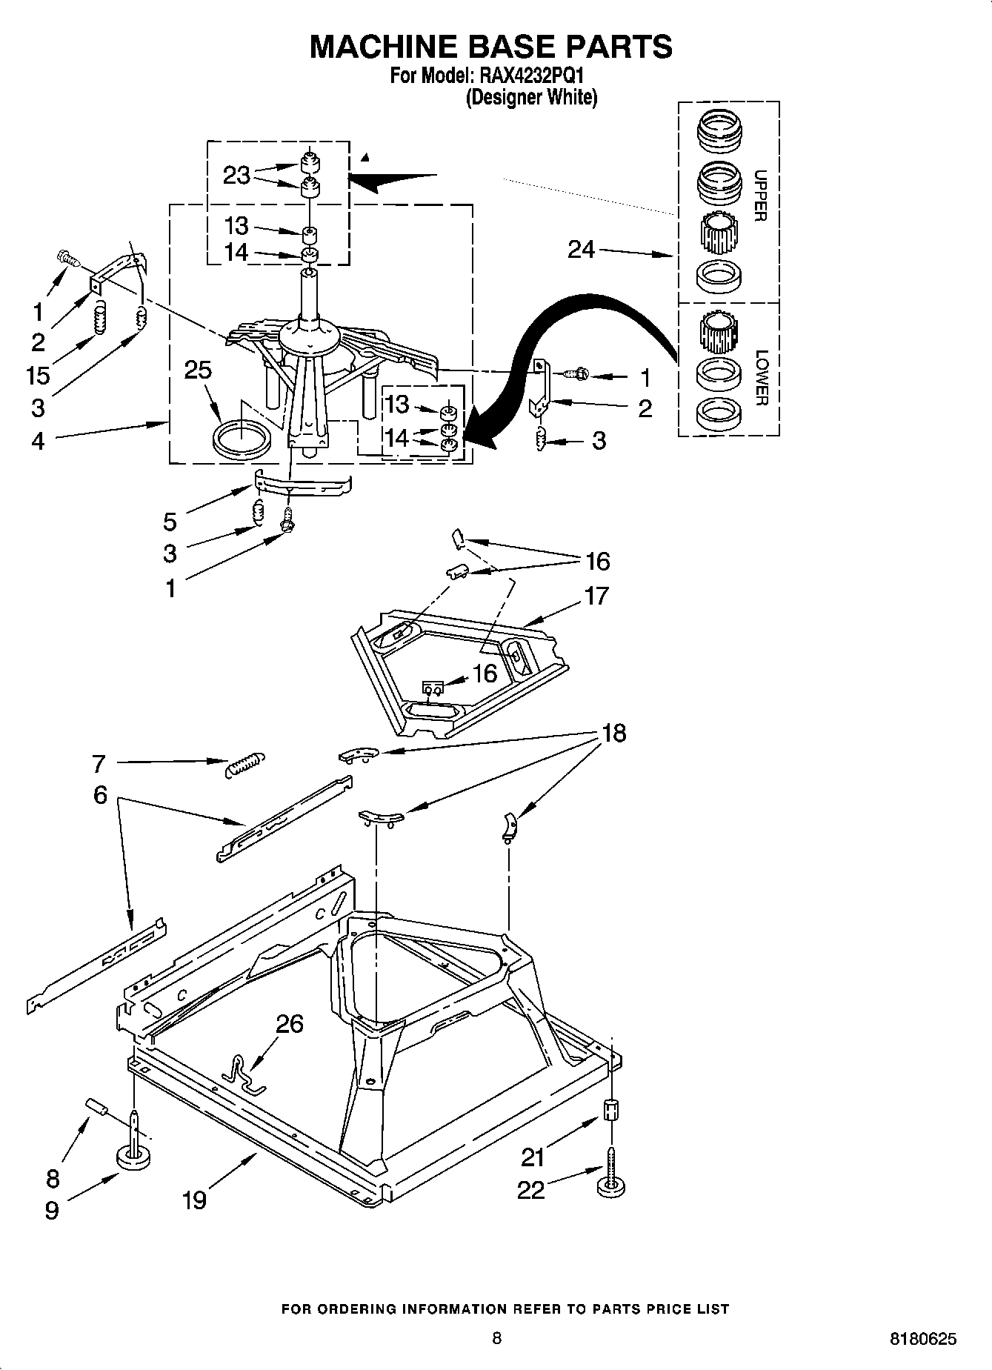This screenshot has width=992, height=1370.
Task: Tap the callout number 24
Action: click(x=581, y=250)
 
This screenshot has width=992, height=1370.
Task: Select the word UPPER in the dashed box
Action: click(x=760, y=196)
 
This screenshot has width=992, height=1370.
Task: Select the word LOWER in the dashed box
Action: click(x=760, y=378)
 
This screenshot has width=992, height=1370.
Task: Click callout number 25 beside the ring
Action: click(x=198, y=370)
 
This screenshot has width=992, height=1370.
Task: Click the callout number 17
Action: click(x=596, y=595)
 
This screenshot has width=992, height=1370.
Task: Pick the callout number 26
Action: click(x=289, y=1024)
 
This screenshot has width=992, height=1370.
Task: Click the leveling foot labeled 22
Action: click(x=610, y=1183)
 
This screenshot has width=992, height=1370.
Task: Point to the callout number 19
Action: click(x=194, y=1199)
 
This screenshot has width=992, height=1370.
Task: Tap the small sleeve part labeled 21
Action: click(x=612, y=1111)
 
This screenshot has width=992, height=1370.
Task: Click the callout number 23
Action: click(x=236, y=176)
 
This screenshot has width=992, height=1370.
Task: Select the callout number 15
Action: click(x=37, y=375)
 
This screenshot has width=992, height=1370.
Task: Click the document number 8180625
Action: click(x=922, y=1339)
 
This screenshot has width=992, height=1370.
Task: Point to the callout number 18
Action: click(x=614, y=733)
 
